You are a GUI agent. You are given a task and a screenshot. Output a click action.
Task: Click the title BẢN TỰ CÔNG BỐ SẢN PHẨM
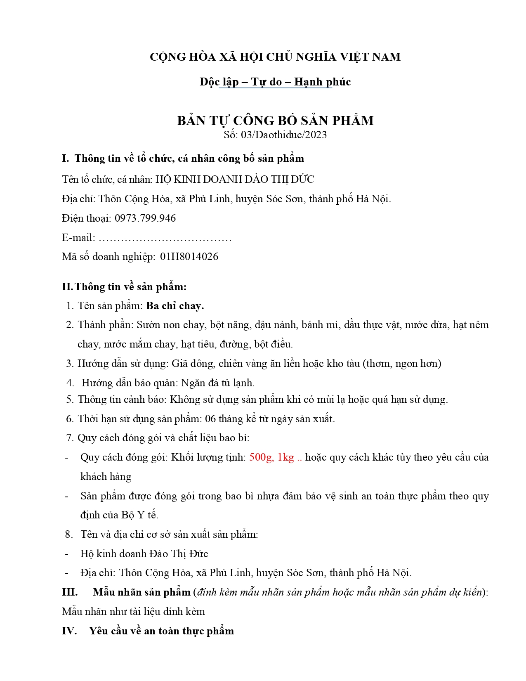tap(275, 121)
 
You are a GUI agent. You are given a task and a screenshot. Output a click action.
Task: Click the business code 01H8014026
tap(189, 256)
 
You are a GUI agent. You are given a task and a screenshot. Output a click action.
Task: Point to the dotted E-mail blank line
tap(165, 239)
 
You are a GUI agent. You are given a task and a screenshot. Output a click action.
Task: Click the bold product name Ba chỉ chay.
tap(175, 306)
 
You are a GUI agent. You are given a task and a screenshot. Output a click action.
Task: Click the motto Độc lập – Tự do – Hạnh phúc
tap(275, 82)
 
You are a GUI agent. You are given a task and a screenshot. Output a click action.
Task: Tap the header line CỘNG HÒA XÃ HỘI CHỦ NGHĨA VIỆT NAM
tap(275, 57)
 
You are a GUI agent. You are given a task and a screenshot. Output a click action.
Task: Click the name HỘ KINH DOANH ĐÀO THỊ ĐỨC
tap(235, 180)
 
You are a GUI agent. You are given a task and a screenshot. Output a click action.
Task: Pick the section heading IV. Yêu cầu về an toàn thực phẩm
tap(148, 631)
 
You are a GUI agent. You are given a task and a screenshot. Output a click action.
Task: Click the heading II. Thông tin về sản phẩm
tap(124, 286)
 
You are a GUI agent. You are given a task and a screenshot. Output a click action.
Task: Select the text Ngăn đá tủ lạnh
tap(218, 383)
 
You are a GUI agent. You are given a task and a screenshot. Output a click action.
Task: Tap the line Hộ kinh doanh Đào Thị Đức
tap(144, 553)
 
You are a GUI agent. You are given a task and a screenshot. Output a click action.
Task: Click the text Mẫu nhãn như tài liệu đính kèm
tap(133, 611)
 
